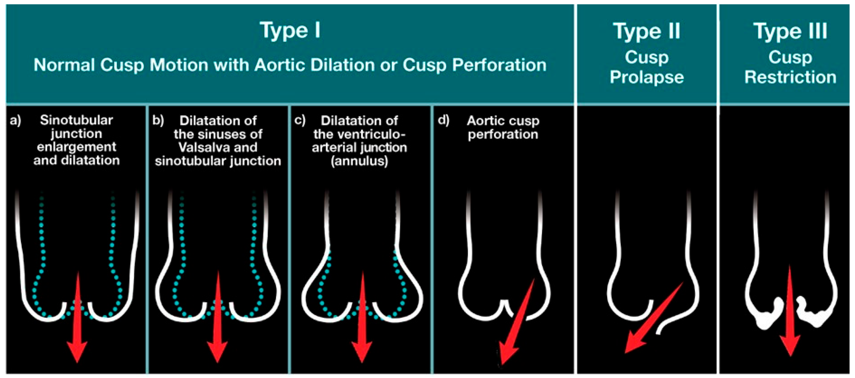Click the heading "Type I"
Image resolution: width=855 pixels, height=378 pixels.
[290, 31]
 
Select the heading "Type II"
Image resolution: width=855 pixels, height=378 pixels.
[647, 31]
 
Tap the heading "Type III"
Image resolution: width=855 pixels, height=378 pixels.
[790, 31]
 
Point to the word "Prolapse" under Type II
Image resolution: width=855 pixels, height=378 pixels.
[647, 77]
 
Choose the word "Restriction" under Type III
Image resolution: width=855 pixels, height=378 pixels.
[790, 77]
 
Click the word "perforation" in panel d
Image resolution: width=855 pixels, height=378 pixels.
[503, 134]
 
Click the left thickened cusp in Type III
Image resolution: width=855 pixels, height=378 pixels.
[767, 313]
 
